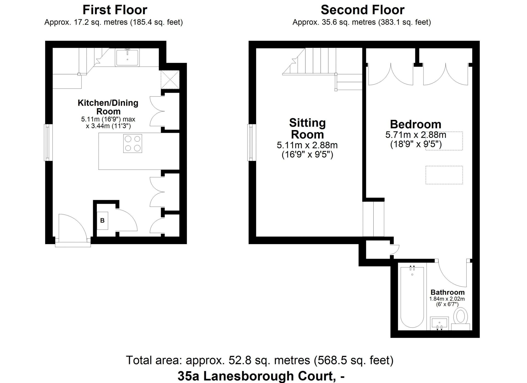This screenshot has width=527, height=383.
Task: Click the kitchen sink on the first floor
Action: pos(127,57)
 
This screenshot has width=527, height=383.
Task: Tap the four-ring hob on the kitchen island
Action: pos(133,143)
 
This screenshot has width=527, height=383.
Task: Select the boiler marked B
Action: pos(102,221)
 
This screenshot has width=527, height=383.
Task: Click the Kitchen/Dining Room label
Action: pos(108,107)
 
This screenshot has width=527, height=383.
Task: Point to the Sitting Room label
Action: pos(307,128)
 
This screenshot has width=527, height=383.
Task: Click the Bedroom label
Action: pos(416,124)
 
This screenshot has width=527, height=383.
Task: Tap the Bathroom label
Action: pos(447,292)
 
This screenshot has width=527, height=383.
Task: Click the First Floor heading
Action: pos(115,10)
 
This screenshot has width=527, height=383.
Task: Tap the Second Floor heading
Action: pos(363,10)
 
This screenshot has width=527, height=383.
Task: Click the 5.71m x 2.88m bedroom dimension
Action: pos(416,135)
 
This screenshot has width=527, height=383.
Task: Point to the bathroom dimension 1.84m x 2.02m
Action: pos(447,299)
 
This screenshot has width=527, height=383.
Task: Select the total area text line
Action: pos(260,360)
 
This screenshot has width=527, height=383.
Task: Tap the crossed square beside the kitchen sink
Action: pos(170,80)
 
